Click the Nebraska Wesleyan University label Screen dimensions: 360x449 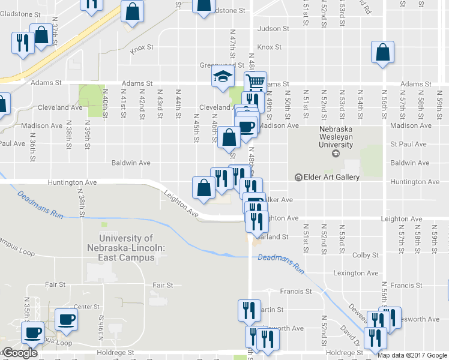[336, 136]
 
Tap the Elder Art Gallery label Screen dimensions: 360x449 [331, 177]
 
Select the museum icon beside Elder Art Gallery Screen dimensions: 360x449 [298, 177]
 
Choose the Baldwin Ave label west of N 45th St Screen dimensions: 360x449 [131, 163]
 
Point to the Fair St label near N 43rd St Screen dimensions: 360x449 [163, 285]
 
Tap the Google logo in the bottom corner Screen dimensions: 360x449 [20, 353]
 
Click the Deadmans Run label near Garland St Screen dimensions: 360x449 [282, 264]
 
